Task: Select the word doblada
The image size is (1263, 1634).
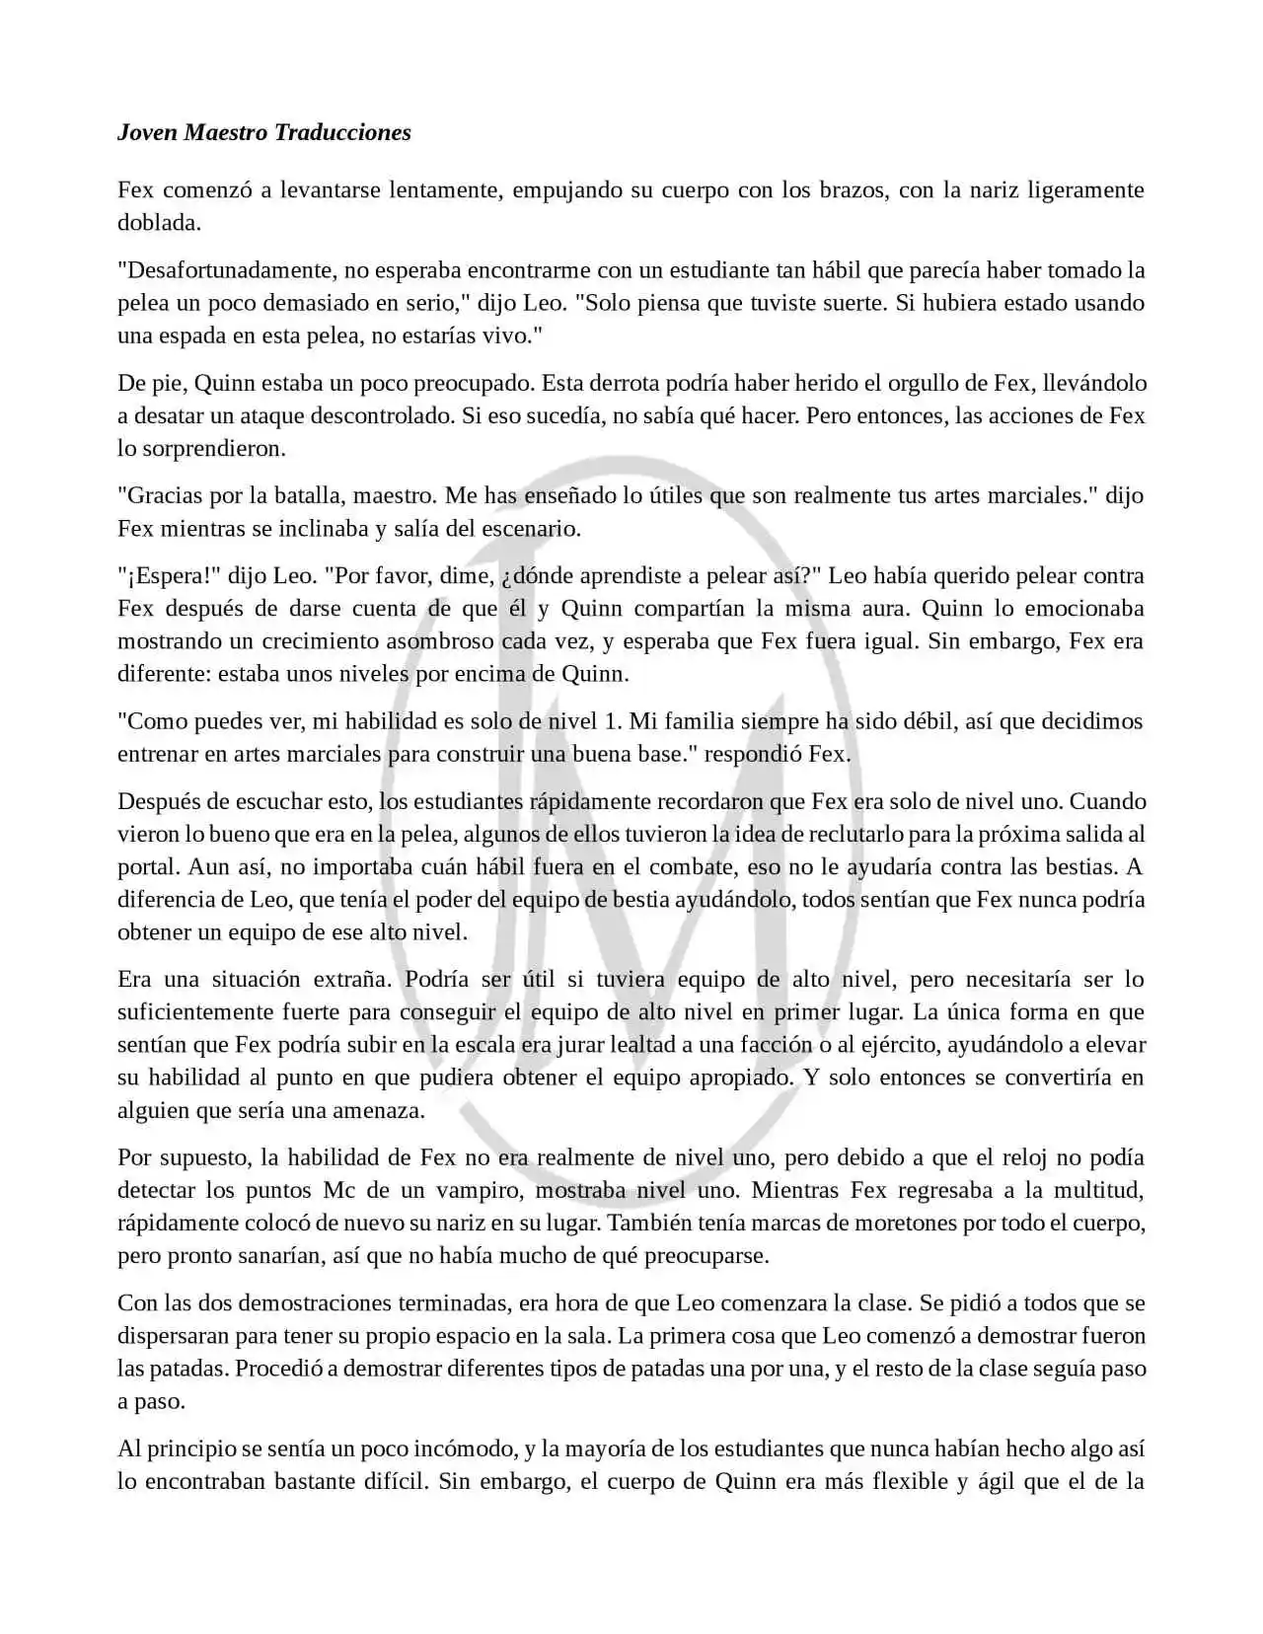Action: (159, 223)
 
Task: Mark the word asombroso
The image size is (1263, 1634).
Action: (440, 641)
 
